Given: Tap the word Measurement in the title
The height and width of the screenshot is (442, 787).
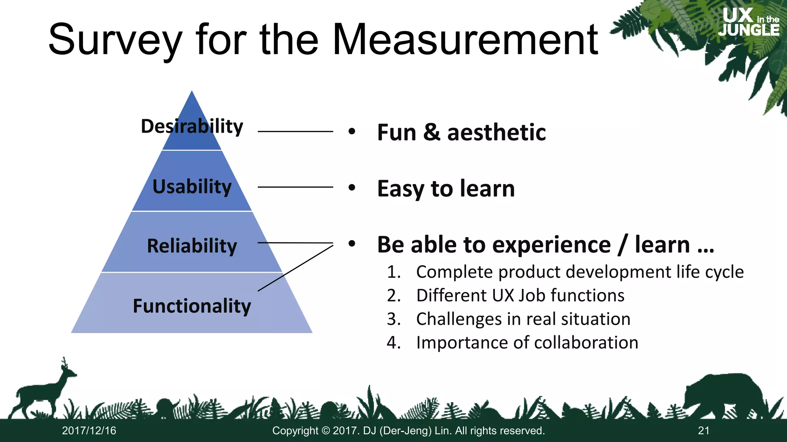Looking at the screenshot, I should [465, 40].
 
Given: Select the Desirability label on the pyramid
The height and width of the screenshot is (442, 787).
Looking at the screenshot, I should [192, 126].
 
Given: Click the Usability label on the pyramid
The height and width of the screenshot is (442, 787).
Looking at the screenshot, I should [192, 187].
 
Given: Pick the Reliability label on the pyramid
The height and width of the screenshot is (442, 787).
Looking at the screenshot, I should [192, 246].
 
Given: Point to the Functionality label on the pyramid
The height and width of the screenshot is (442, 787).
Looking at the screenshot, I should [192, 306].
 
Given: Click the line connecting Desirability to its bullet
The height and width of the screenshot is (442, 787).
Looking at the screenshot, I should [295, 132].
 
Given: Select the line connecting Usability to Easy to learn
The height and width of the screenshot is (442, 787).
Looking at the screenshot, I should [295, 187].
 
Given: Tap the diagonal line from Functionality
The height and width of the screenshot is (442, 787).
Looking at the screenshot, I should [295, 268].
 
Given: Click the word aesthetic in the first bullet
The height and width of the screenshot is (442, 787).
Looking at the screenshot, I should [496, 133].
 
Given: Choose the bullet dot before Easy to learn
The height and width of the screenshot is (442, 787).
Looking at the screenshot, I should [352, 188].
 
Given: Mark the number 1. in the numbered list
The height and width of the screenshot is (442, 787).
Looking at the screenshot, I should [394, 272].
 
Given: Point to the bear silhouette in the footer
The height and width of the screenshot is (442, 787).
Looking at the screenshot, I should [722, 395].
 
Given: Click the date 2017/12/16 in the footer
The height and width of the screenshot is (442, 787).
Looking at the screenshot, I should [89, 431].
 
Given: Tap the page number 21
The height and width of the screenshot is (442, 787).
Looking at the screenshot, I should [704, 431].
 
